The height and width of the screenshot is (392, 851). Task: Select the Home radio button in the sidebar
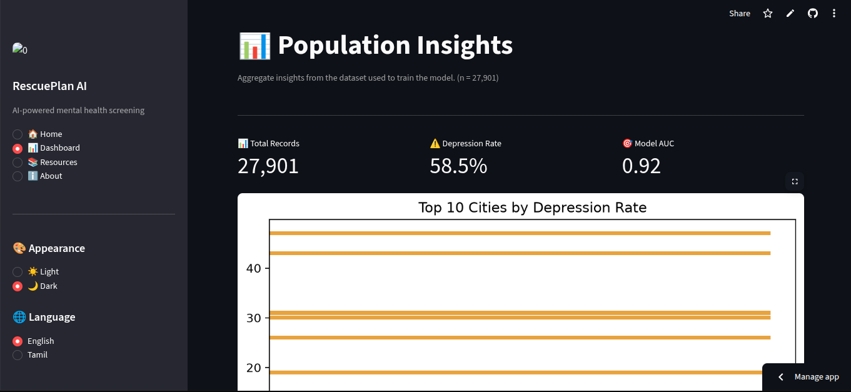click(x=18, y=134)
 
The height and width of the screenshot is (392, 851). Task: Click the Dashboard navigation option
click(x=18, y=148)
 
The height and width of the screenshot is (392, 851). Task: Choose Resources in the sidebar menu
click(x=18, y=162)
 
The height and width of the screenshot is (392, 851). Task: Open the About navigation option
click(x=18, y=176)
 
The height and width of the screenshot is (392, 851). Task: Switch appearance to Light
click(x=18, y=271)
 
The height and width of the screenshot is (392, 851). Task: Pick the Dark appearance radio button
click(x=18, y=286)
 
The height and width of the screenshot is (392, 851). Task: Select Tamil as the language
click(x=18, y=354)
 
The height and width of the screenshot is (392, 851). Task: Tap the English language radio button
click(x=18, y=341)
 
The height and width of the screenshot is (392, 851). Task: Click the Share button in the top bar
click(x=739, y=14)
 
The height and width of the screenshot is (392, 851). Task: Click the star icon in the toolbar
click(x=768, y=14)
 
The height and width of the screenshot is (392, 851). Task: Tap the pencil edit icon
click(x=790, y=14)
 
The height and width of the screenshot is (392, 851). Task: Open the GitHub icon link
click(x=813, y=14)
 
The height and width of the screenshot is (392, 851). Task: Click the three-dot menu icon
click(x=834, y=14)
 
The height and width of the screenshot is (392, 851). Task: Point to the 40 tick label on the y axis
click(x=253, y=269)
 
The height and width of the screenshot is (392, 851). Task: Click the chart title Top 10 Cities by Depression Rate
click(x=532, y=208)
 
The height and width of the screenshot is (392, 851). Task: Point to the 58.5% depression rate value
click(x=458, y=166)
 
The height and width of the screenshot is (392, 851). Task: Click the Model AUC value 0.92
click(x=642, y=166)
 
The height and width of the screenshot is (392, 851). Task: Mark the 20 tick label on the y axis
click(x=253, y=368)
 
